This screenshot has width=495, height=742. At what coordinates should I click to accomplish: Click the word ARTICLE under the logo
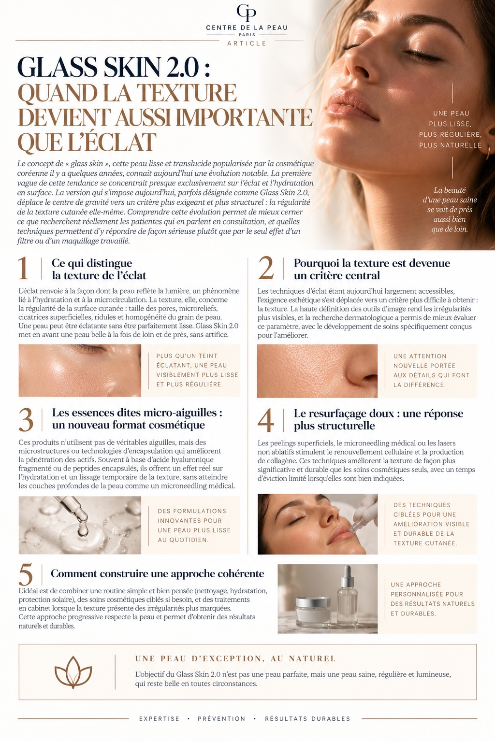pos(247,43)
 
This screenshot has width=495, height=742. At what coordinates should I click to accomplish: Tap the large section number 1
pos(23,268)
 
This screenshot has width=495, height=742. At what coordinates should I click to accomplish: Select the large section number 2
pos(266,268)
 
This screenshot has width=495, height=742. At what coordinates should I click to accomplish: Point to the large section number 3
pos(26,419)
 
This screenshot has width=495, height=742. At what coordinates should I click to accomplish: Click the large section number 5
pos(26,575)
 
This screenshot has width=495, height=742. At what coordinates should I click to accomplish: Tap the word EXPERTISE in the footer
pos(159,718)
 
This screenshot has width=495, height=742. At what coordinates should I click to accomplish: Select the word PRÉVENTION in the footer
pos(221,718)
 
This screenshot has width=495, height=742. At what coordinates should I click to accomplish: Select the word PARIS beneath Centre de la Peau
pos(247,35)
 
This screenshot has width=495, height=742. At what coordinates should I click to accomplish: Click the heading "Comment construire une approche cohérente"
pos(158,573)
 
